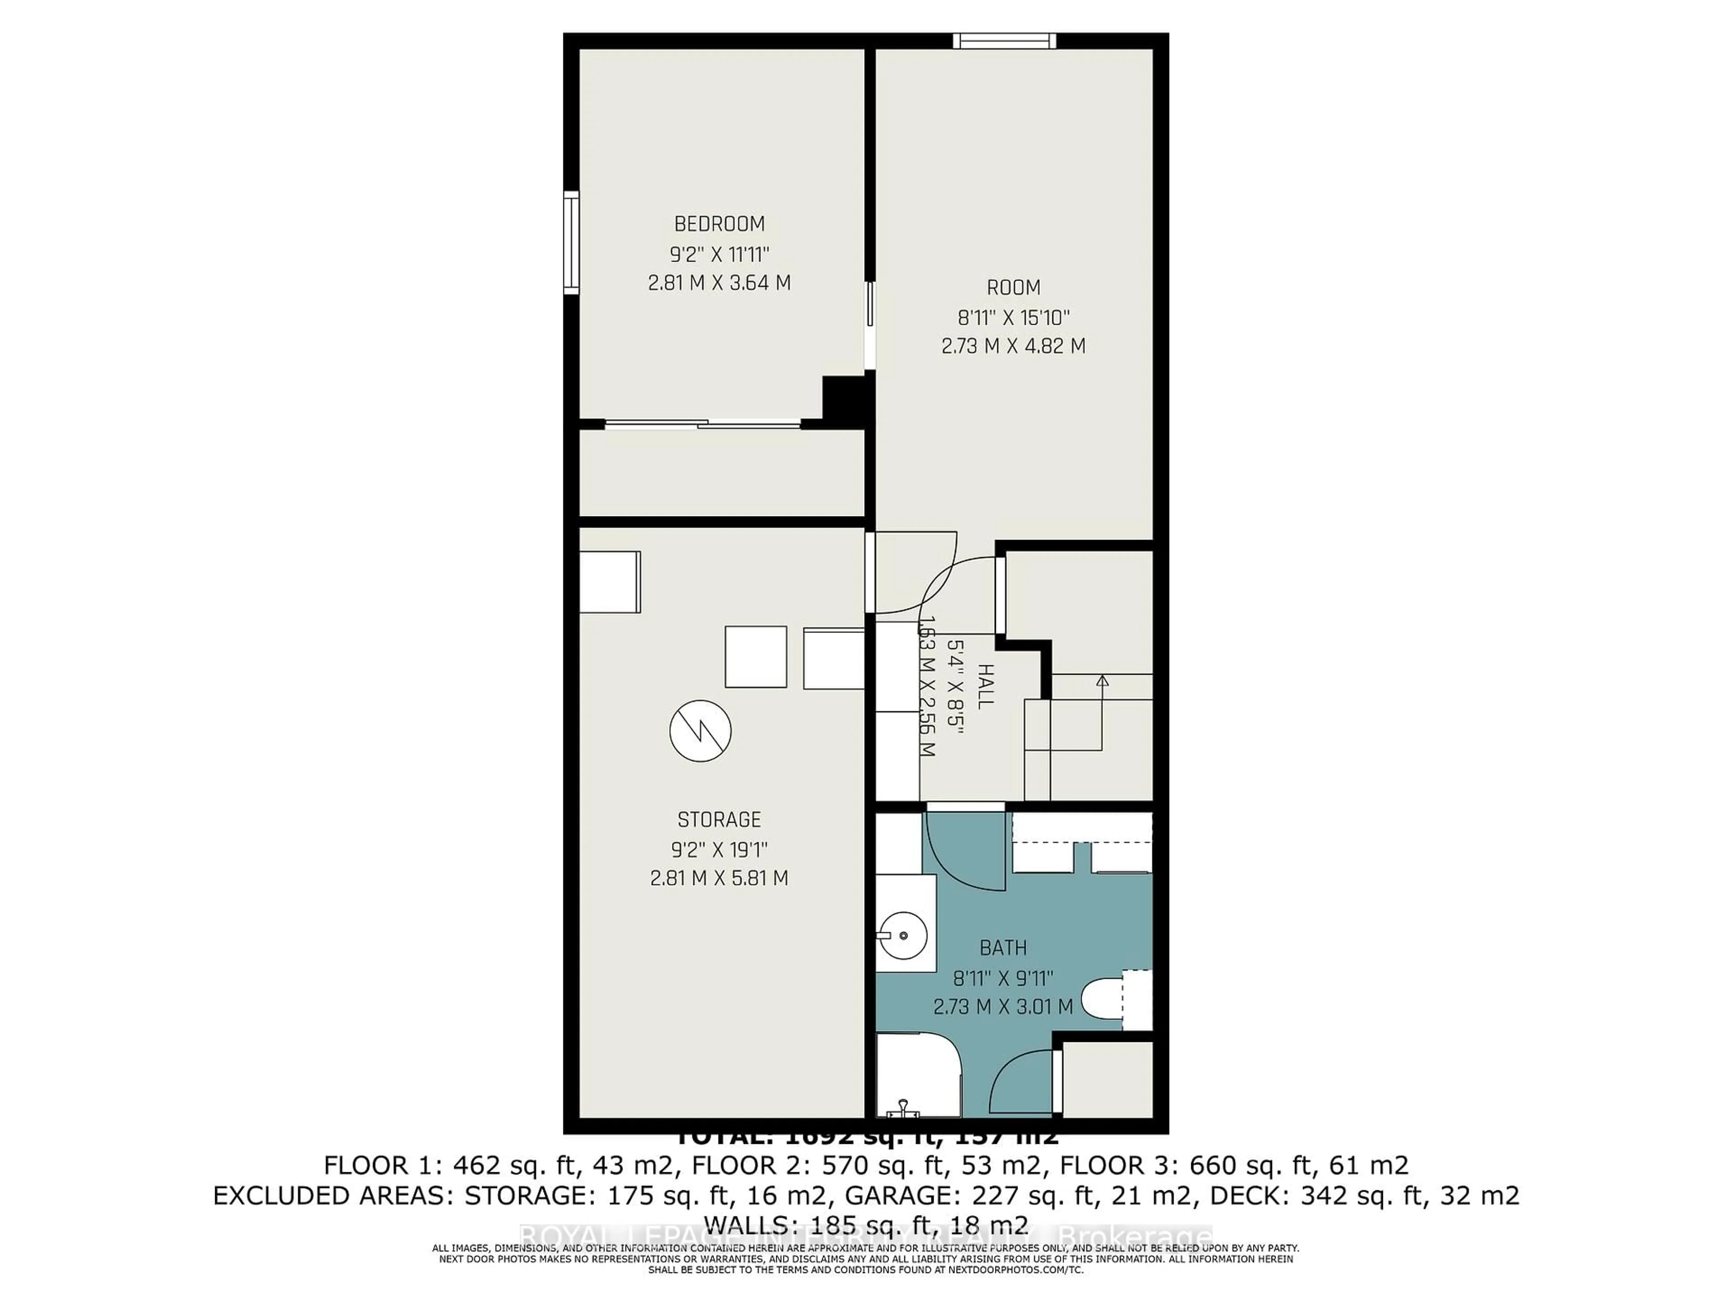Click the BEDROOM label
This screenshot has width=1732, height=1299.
pyautogui.click(x=719, y=224)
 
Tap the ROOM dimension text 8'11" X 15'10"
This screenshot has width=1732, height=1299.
pyautogui.click(x=1013, y=317)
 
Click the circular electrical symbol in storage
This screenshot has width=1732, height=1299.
pyautogui.click(x=700, y=731)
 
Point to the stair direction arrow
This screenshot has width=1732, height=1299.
pyautogui.click(x=1102, y=681)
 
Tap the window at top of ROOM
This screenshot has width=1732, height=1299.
pyautogui.click(x=1004, y=41)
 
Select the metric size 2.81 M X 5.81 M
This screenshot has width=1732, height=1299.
pyautogui.click(x=719, y=878)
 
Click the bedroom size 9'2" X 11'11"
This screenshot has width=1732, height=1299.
pyautogui.click(x=719, y=253)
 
